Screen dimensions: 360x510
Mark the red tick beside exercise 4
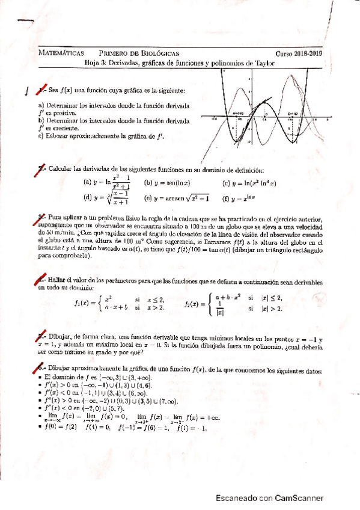pyautogui.click(x=40, y=281)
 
